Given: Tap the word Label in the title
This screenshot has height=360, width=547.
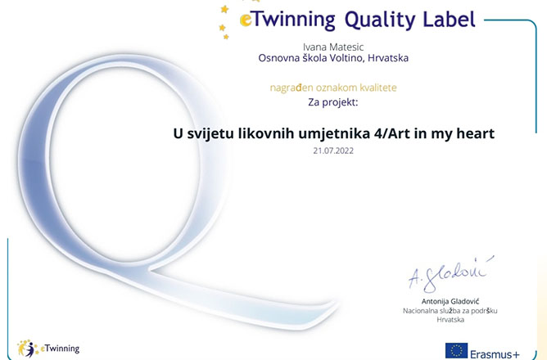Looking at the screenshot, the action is pos(450,19).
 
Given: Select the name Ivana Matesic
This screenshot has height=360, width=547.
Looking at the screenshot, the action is pos(333,47).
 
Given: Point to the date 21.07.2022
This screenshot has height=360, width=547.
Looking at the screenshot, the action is pos(333,151).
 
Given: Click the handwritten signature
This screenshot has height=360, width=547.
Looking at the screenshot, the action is pos(450,273).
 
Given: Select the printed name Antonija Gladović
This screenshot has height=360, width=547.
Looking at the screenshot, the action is pos(450,301).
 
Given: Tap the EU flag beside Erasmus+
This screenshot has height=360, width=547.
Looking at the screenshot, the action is pos(456,350).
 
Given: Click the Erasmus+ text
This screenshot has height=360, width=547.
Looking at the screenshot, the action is pos(495,354).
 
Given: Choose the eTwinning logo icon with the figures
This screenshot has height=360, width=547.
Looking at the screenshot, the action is pos(27,349).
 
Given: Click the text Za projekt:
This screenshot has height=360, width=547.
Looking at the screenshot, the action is pos(333,102).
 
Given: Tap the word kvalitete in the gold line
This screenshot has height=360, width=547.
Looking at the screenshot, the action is pos(378,87).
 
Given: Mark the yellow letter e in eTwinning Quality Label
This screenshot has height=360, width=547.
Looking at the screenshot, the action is pos(245,20).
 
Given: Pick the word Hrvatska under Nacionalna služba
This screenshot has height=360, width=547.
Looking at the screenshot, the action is pos(450,320).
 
